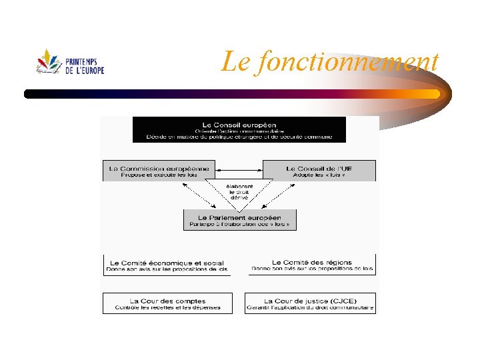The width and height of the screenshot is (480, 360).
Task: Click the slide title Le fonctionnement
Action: point(330,62)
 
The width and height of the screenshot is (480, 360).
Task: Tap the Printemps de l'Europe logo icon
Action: point(49,61)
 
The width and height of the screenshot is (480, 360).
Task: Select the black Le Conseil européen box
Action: point(239,129)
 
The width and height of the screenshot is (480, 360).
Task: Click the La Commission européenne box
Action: point(159,171)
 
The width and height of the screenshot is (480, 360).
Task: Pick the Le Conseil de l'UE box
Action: point(319,171)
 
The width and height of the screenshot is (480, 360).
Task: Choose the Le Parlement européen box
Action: point(239,220)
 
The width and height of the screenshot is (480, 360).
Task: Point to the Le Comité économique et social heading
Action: point(165,263)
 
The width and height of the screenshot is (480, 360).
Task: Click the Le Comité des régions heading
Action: point(312,263)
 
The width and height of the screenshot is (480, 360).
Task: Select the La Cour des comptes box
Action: point(167,303)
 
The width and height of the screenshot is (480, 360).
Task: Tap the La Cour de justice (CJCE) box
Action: point(310,303)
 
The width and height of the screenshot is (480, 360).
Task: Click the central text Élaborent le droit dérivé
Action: point(239,192)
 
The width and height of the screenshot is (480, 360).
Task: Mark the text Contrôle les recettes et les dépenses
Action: point(167,308)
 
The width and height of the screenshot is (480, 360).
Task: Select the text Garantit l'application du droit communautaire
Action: point(310,308)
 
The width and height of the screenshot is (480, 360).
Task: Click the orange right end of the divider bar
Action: point(433,93)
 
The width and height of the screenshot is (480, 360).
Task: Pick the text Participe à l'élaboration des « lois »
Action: point(239,225)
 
